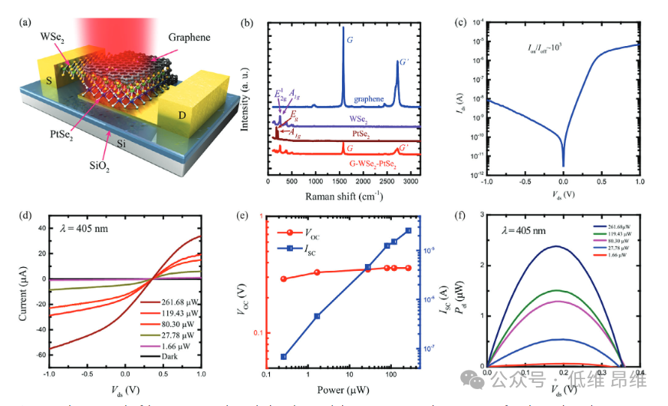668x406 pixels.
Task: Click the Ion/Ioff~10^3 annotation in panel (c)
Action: (540, 48)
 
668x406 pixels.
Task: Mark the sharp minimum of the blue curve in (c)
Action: (563, 164)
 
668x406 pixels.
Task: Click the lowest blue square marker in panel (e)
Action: (285, 357)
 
